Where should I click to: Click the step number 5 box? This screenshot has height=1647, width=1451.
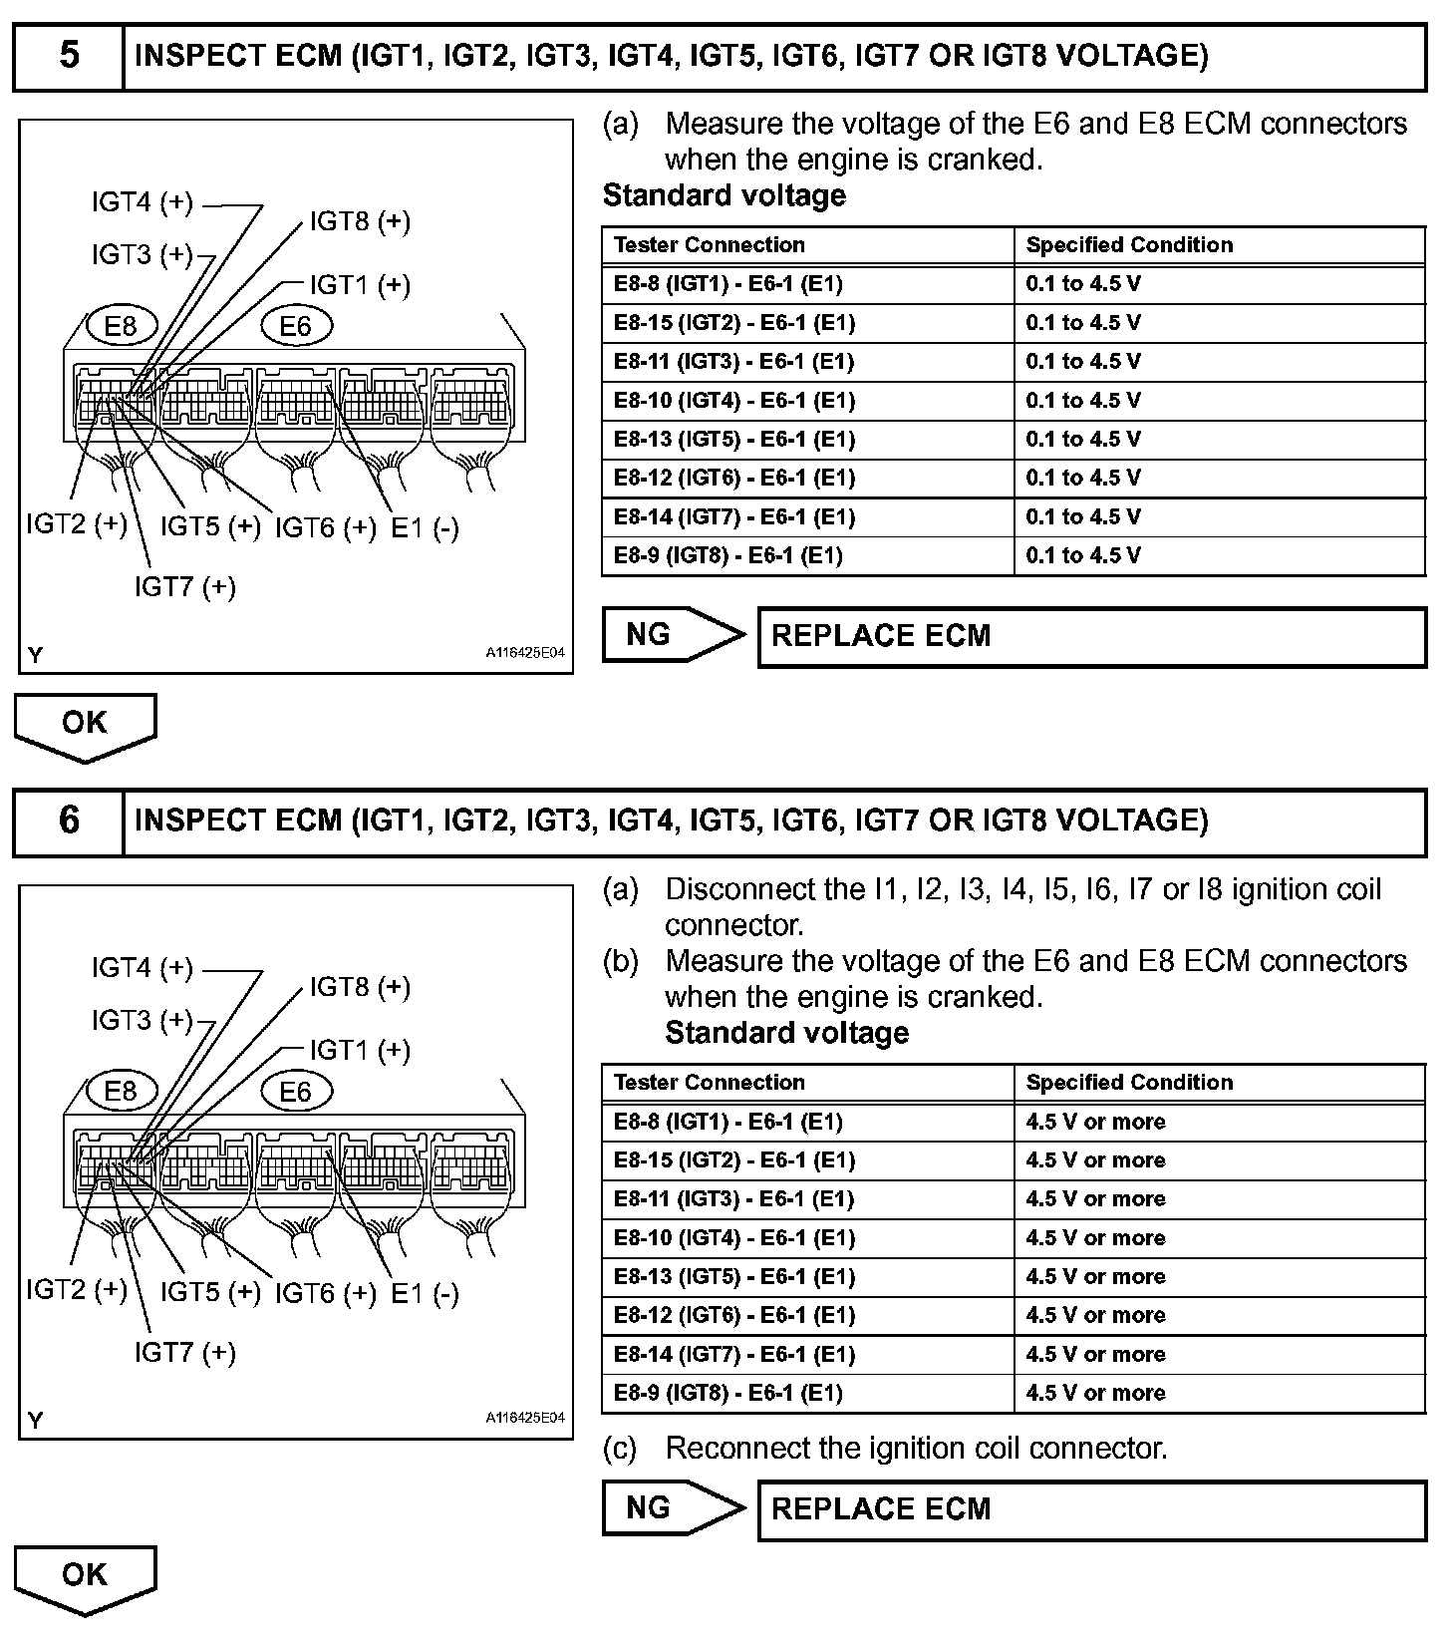pyautogui.click(x=69, y=57)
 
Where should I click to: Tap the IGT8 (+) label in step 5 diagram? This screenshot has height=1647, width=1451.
pyautogui.click(x=360, y=221)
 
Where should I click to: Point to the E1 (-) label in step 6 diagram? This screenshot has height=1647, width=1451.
pyautogui.click(x=425, y=1294)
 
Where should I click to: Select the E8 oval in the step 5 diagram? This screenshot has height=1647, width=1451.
pyautogui.click(x=121, y=326)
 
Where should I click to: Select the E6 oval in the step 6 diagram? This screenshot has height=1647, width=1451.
pyautogui.click(x=295, y=1092)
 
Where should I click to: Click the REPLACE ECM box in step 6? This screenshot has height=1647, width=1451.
pyautogui.click(x=1091, y=1509)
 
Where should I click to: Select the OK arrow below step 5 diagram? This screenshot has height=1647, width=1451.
pyautogui.click(x=85, y=725)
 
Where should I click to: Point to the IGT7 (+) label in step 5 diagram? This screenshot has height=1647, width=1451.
pyautogui.click(x=185, y=587)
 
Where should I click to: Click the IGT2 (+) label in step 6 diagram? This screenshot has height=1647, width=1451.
pyautogui.click(x=77, y=1290)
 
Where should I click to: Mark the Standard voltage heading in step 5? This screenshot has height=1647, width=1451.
pyautogui.click(x=725, y=195)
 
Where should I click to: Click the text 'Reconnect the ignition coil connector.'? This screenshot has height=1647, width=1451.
pyautogui.click(x=916, y=1449)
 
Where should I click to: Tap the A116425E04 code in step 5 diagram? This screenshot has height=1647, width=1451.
pyautogui.click(x=525, y=654)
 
